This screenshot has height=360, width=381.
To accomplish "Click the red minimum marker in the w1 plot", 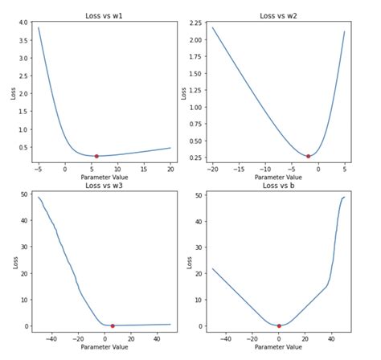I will pos(96,156).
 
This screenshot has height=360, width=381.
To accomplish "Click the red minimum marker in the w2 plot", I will pos(309,156).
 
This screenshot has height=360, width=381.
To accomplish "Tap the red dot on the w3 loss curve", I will pos(113,325).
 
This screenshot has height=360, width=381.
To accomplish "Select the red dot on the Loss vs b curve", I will pos(279,325).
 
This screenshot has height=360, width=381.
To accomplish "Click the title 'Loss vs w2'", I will pos(278,15).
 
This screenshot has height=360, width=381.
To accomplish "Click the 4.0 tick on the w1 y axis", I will pos(23,22).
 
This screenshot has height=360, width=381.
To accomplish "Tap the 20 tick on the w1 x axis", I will pos(170,170).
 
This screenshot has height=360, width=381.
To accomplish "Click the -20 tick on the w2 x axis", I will pos(213,170).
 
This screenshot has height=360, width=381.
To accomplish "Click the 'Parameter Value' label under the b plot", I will pos(278,347).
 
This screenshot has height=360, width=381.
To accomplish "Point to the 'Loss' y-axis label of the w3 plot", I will pos(10,261).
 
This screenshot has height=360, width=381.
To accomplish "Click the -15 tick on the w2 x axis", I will pos(240,170).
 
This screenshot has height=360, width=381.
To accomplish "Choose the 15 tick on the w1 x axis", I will pos(144,170).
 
